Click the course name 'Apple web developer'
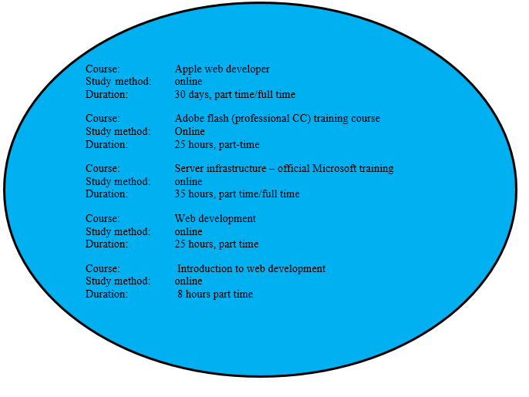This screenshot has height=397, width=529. click(x=222, y=69)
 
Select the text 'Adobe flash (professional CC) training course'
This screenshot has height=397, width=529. click(x=277, y=119)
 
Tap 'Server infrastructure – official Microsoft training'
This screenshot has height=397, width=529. click(x=284, y=169)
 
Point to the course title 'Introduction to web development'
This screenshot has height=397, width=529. click(x=251, y=269)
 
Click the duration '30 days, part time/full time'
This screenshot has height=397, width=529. click(x=234, y=94)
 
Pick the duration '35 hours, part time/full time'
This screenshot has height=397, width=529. click(x=237, y=194)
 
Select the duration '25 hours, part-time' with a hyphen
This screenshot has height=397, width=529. click(x=217, y=144)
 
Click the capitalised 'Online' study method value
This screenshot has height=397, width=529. click(x=190, y=131)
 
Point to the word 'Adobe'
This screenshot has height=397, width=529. click(x=188, y=119)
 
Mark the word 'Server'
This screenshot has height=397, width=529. click(x=189, y=169)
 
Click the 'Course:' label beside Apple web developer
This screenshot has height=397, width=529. click(x=103, y=69)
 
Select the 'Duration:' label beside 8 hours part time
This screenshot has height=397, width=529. click(x=106, y=294)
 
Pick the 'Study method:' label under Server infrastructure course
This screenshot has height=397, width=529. click(x=118, y=181)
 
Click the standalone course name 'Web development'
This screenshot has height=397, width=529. click(x=215, y=219)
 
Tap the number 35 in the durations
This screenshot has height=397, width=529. click(x=180, y=194)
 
